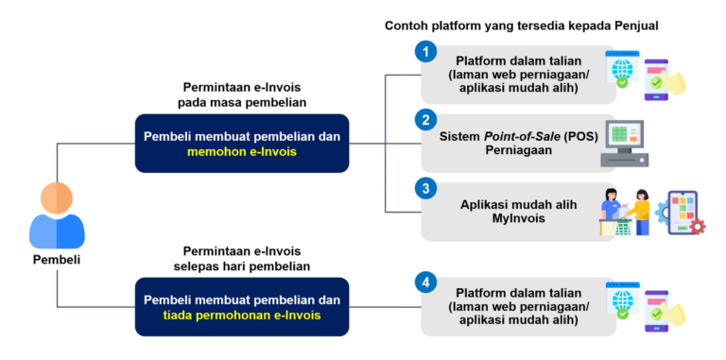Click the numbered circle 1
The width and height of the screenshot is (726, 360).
click(426, 51)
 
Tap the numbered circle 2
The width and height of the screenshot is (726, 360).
click(426, 121)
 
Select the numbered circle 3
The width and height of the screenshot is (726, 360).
click(426, 189)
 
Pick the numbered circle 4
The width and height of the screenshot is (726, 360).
click(426, 283)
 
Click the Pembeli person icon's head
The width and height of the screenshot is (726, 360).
click(57, 198)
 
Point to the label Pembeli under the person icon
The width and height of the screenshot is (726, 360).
click(57, 260)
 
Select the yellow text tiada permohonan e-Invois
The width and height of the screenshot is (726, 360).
click(242, 316)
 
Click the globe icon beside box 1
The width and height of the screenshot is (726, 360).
click(622, 69)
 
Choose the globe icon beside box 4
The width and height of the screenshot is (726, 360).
click(622, 300)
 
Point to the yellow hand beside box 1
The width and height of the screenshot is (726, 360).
click(674, 83)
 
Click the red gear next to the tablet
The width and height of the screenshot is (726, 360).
click(698, 227)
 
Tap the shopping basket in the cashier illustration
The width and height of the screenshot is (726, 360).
click(624, 227)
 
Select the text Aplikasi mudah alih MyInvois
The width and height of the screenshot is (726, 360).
click(519, 211)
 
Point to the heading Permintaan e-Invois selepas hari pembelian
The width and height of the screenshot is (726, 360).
click(242, 259)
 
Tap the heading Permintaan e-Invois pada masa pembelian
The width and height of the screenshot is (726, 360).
click(242, 94)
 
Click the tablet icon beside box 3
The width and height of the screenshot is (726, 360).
click(683, 212)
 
